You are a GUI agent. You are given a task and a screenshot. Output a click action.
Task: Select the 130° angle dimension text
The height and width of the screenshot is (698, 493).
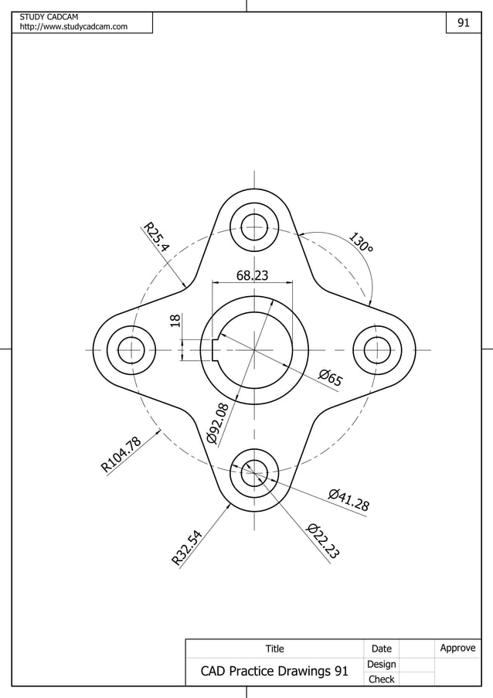360,243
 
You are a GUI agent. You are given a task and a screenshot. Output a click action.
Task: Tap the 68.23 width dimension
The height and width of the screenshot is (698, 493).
253,276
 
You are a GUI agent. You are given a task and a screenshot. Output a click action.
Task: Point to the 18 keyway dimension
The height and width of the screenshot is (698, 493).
175,321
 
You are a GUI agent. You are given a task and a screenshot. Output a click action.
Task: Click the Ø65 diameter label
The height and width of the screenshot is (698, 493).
331,377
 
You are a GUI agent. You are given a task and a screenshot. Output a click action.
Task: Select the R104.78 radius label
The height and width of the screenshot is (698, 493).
121,455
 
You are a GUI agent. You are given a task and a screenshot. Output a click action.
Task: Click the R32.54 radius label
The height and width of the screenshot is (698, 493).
188,547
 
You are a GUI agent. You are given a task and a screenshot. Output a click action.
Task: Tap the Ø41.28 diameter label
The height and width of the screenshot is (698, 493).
348,499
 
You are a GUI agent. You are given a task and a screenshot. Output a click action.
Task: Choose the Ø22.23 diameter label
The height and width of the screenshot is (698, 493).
324,540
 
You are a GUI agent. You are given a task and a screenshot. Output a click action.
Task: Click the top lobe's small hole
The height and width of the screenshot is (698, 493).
254,227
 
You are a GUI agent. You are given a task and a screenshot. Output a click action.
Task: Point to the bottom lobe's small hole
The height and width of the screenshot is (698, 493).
254,473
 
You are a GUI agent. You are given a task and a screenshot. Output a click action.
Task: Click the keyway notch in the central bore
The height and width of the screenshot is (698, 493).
216,350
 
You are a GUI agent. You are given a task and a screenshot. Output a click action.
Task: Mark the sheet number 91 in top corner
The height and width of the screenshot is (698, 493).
463,23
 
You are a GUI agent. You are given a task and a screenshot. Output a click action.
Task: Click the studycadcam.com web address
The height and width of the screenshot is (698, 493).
73,27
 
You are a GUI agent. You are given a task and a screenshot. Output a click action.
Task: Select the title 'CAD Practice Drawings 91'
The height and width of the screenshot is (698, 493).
274,671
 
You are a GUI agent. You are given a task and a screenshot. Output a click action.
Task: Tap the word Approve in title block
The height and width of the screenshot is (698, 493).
457,648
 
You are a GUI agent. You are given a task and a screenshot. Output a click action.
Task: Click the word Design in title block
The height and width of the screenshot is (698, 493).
381,664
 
